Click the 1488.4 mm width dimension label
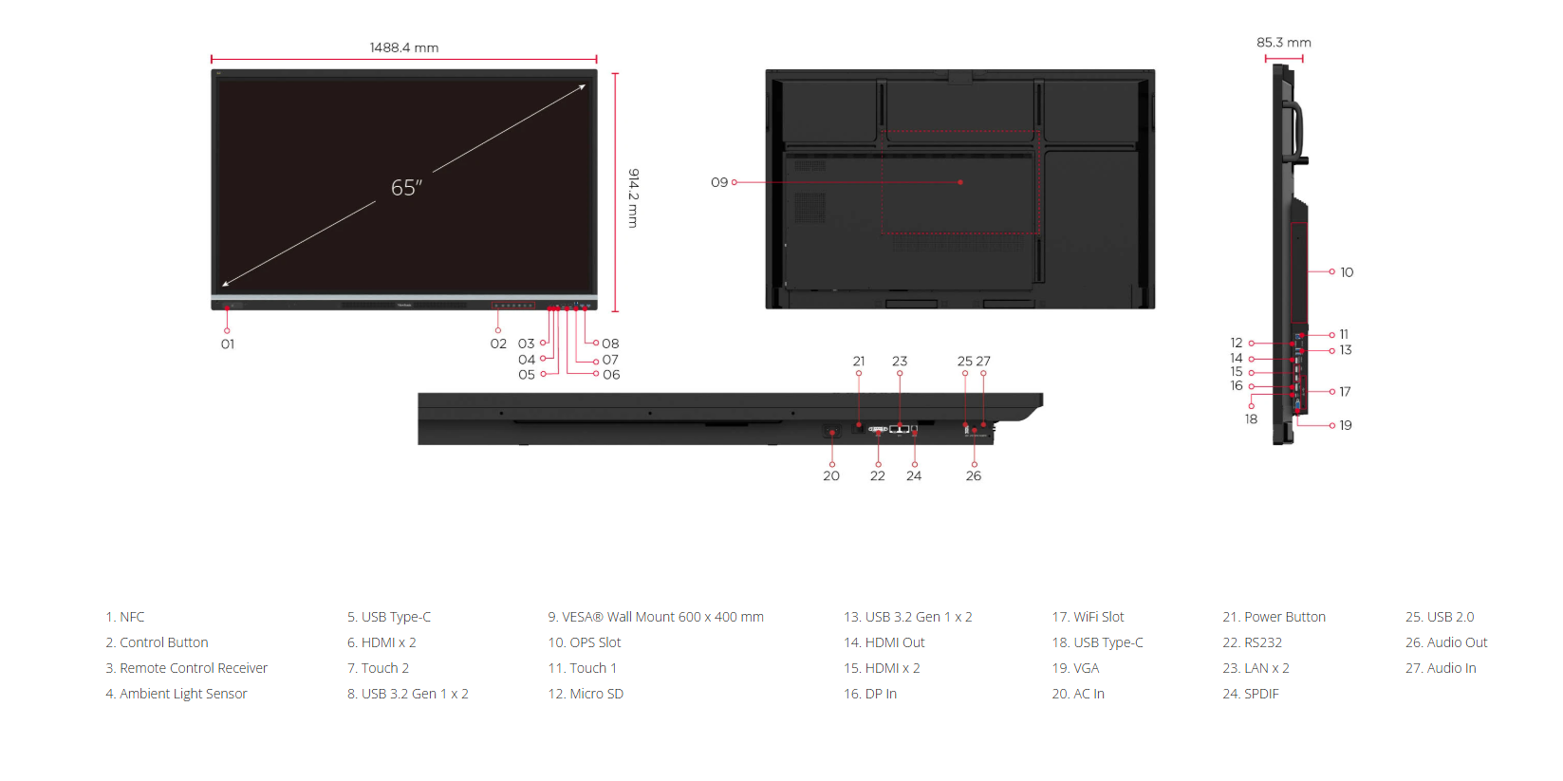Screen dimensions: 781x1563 tap(404, 47)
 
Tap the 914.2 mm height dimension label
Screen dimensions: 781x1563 tap(633, 197)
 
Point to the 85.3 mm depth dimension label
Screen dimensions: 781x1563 tap(1283, 43)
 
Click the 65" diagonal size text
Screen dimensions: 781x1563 tap(406, 188)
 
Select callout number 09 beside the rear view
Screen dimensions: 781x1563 tap(719, 182)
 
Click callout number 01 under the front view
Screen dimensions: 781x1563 tap(228, 344)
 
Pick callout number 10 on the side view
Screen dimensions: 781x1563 tap(1347, 272)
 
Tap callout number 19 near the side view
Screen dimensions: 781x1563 tap(1346, 425)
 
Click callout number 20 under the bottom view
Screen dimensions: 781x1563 tap(831, 476)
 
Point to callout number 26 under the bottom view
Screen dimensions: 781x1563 tap(974, 476)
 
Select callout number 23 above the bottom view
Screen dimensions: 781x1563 tap(900, 362)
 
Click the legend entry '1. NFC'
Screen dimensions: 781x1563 tap(125, 617)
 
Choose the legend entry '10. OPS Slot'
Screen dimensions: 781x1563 tap(585, 642)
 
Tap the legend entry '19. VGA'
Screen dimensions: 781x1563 tap(1075, 668)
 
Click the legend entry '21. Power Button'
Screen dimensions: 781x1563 tap(1274, 617)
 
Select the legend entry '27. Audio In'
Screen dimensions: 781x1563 tap(1441, 668)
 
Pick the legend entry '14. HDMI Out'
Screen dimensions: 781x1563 tap(884, 642)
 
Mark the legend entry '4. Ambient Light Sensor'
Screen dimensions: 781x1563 tap(177, 694)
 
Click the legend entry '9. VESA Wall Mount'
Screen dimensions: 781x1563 tap(656, 617)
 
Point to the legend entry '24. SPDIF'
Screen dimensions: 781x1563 tap(1251, 694)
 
